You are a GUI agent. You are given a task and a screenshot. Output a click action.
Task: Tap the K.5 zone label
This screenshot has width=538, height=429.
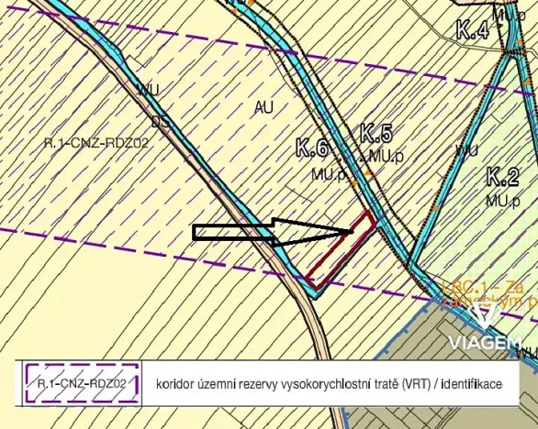(x=376, y=133)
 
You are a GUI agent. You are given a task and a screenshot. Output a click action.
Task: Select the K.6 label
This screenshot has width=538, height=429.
(x=312, y=146)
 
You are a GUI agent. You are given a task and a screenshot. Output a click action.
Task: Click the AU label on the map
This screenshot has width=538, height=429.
(x=263, y=107)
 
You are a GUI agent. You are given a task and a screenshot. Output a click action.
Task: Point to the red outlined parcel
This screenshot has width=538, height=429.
(x=341, y=250)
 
